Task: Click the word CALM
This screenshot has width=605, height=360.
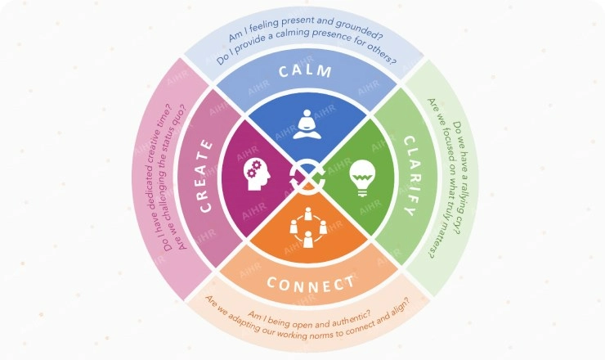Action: coord(305,71)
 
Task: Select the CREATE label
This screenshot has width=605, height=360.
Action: coord(206,176)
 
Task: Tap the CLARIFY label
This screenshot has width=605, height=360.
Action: coord(410,176)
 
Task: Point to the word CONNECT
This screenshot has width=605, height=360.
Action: coord(310,285)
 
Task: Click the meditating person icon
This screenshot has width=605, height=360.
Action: coord(307,124)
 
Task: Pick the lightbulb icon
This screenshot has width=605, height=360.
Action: coord(362,178)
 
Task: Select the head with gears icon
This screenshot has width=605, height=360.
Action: coord(257,174)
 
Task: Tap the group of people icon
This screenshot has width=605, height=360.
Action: coord(308,227)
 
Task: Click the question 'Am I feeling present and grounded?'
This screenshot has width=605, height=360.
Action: coord(305,28)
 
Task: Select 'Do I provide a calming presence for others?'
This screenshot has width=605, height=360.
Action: coord(306,43)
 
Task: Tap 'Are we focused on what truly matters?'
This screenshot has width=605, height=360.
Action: coord(442,178)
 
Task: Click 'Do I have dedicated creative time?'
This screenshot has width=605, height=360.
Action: coord(162,178)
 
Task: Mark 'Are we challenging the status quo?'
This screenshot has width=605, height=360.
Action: coord(177,177)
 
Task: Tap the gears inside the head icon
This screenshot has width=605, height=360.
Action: coord(254,169)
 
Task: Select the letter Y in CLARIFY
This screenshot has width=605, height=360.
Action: coord(410,210)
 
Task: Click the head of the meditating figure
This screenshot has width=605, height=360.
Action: coord(307,114)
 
